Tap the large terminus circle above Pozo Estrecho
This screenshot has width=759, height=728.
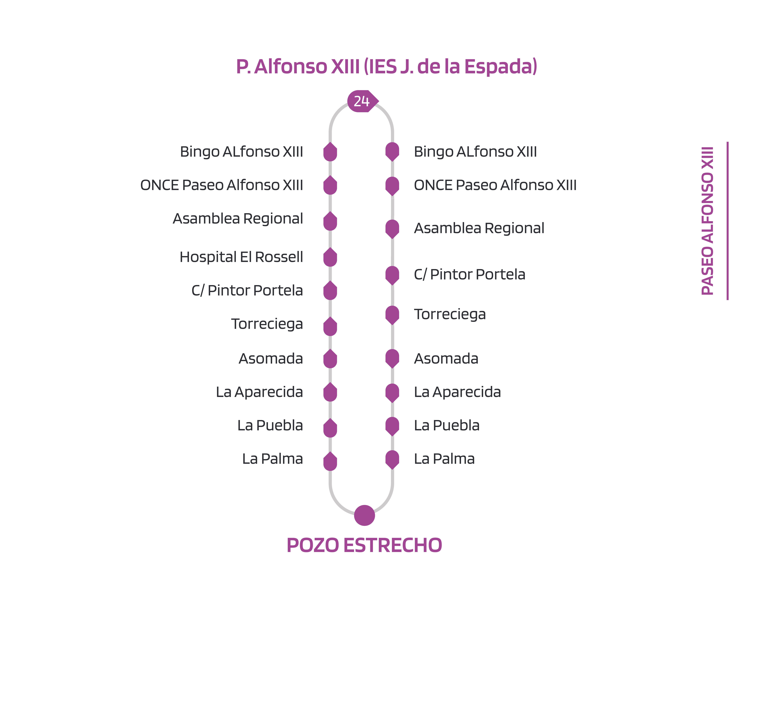pyautogui.click(x=364, y=515)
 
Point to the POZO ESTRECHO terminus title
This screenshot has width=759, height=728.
pyautogui.click(x=364, y=545)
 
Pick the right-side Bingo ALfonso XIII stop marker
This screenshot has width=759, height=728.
pyautogui.click(x=392, y=151)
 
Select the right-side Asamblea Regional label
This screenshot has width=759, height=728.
pyautogui.click(x=479, y=228)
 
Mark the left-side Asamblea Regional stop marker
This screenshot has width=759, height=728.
pyautogui.click(x=330, y=221)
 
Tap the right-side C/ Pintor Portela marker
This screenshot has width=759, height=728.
pyautogui.click(x=392, y=275)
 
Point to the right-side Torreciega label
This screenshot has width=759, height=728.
pyautogui.click(x=450, y=314)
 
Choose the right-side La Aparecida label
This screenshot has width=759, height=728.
pyautogui.click(x=457, y=392)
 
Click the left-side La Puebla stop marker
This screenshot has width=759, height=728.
pyautogui.click(x=330, y=428)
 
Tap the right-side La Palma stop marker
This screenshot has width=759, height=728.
pyautogui.click(x=392, y=459)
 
